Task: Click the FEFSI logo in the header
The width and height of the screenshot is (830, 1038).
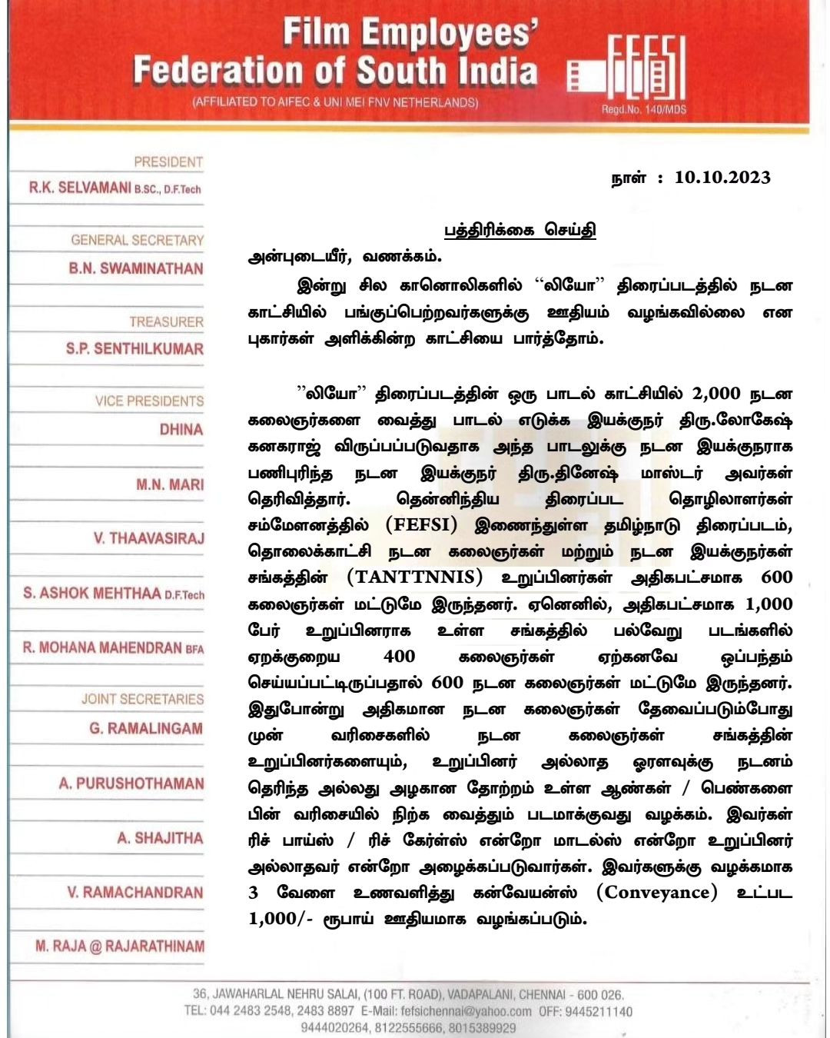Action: pyautogui.click(x=626, y=71)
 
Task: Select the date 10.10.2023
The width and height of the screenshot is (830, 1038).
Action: pyautogui.click(x=722, y=178)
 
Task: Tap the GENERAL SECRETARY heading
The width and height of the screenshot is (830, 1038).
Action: pyautogui.click(x=137, y=240)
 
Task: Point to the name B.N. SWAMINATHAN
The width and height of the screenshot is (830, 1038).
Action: pyautogui.click(x=136, y=268)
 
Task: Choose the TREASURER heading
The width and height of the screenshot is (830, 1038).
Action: pyautogui.click(x=166, y=321)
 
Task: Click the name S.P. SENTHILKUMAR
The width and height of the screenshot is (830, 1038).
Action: pyautogui.click(x=134, y=348)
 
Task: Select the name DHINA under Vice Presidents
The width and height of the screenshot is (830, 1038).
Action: pyautogui.click(x=181, y=429)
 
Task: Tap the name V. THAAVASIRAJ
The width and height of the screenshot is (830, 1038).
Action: pyautogui.click(x=149, y=538)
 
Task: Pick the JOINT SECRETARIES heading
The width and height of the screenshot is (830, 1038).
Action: pyautogui.click(x=142, y=699)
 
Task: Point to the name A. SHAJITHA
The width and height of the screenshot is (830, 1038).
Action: pyautogui.click(x=160, y=837)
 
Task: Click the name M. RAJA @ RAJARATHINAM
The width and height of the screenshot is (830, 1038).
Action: pyautogui.click(x=120, y=946)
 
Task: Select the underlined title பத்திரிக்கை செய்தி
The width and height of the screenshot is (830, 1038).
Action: pyautogui.click(x=520, y=230)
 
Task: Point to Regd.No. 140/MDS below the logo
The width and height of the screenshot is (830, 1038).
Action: pyautogui.click(x=643, y=109)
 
